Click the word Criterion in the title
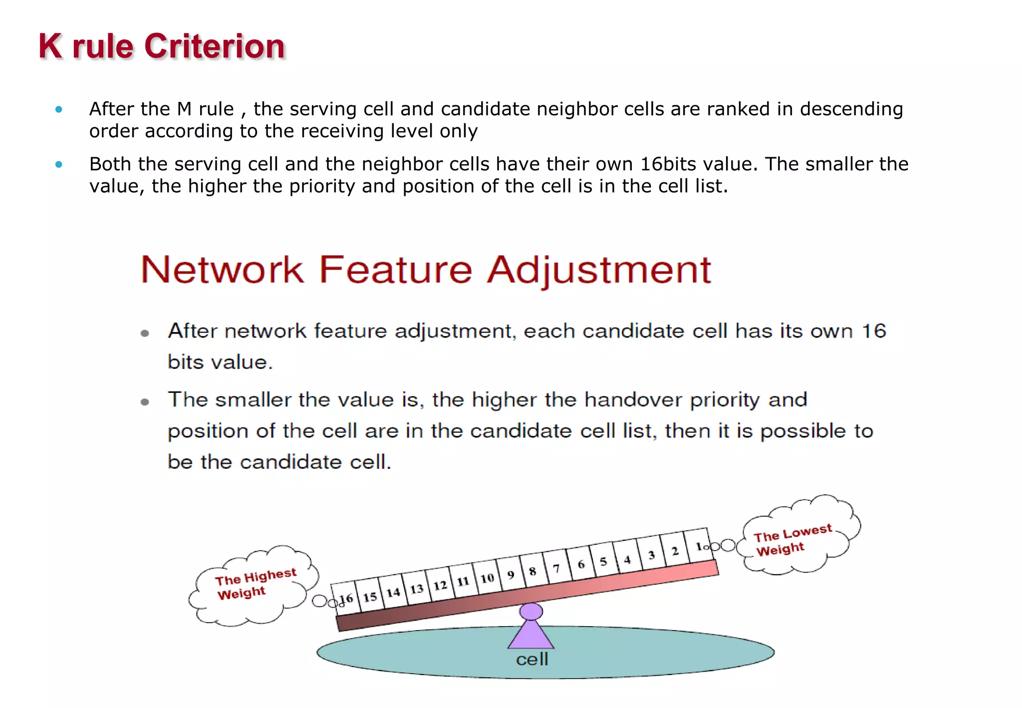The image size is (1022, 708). coord(215,46)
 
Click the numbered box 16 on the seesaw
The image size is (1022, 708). coord(345,598)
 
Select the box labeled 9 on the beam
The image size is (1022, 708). coord(510,574)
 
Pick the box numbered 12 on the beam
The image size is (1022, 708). coord(439,585)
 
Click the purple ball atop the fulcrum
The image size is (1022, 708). coord(531,611)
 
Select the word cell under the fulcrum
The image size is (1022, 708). coord(532,660)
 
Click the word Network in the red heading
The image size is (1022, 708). coord(222,270)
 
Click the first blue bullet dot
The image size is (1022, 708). coord(59,109)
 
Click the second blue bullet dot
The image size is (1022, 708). coord(59,164)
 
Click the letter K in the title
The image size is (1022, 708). coord(50,46)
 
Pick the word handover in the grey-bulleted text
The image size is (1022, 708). coord(633,399)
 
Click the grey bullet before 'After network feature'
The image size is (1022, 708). coord(145,333)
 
